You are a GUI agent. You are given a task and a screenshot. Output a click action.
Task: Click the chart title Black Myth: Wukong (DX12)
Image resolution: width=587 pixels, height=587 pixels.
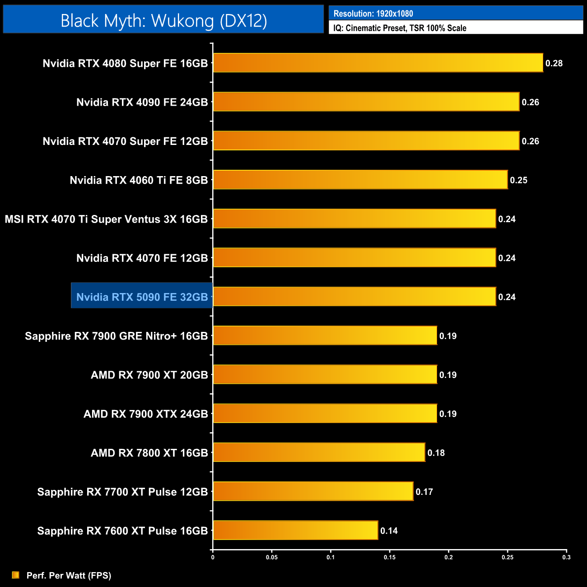[163, 21]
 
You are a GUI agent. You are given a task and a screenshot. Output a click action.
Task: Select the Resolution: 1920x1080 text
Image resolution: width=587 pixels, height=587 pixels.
[373, 14]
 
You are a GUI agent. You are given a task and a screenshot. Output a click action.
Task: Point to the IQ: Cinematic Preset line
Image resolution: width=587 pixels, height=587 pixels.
[400, 28]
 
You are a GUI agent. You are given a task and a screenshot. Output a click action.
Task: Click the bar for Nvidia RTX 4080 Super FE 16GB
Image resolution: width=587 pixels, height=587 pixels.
[378, 63]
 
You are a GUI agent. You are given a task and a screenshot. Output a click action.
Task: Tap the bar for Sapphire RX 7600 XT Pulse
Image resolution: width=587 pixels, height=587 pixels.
[295, 530]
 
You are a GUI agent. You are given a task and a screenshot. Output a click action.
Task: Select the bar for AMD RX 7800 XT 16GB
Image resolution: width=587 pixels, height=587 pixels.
[319, 452]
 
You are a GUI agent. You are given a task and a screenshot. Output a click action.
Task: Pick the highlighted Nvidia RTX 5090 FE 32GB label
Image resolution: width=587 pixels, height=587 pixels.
[142, 297]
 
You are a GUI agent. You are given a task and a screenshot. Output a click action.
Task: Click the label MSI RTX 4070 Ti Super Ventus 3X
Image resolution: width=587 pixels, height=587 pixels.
[106, 219]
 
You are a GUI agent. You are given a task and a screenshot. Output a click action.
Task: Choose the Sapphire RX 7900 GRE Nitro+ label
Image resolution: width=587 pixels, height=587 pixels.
[116, 336]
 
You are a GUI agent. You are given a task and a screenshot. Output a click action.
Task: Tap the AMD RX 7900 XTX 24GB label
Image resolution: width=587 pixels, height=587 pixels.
[145, 414]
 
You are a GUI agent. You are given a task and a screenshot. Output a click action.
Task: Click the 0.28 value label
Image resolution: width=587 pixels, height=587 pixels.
[554, 63]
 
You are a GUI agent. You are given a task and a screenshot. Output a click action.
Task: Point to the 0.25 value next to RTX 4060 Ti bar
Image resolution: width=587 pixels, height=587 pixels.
[518, 180]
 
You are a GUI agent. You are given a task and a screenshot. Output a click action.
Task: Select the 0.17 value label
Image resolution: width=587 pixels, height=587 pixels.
[424, 492]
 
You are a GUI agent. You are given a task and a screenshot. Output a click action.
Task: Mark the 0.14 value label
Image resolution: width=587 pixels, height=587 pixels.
[389, 531]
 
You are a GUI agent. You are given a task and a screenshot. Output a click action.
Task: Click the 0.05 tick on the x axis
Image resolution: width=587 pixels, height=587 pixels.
[272, 557]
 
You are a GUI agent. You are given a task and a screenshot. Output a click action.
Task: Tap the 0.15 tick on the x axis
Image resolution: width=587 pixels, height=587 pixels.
[390, 557]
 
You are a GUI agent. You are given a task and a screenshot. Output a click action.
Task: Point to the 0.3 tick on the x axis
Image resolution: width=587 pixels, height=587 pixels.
[566, 557]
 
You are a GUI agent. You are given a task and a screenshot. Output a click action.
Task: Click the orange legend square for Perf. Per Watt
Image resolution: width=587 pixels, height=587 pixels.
[16, 575]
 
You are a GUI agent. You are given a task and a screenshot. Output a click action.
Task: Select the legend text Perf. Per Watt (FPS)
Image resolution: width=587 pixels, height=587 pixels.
[69, 575]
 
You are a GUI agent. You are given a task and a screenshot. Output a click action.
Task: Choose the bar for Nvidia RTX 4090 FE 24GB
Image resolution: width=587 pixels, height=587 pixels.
[366, 102]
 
